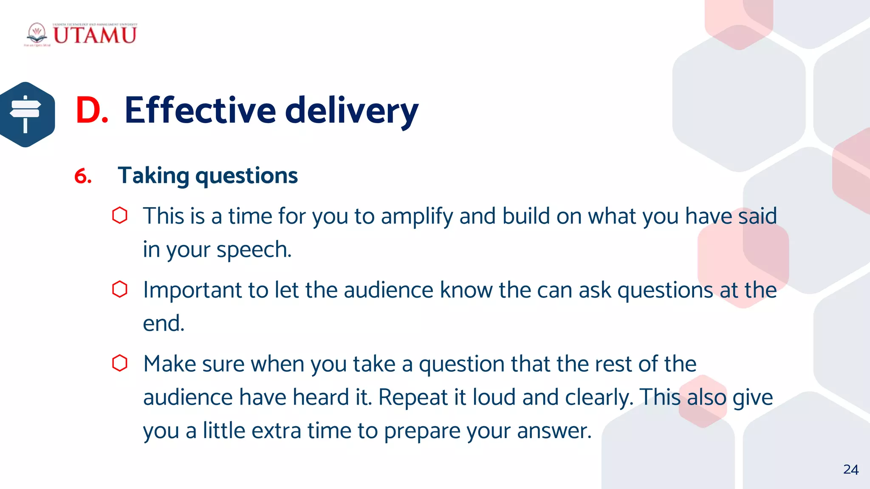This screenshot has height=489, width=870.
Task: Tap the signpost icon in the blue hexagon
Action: tap(25, 114)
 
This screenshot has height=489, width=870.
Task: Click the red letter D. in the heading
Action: tap(91, 110)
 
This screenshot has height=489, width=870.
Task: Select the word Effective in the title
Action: tap(200, 110)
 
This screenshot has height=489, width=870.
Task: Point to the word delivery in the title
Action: tap(352, 111)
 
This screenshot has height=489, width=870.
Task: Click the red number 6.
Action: tap(83, 176)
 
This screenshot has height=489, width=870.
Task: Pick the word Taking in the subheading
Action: tap(153, 176)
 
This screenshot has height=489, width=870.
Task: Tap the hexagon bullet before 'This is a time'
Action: tap(120, 215)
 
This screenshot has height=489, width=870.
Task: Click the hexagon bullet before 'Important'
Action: tap(120, 289)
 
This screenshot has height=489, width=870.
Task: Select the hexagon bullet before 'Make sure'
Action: tap(120, 363)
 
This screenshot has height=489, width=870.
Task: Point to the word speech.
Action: tap(254, 250)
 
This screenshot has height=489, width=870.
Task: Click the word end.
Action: tap(163, 323)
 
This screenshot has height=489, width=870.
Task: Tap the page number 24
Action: tap(851, 469)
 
